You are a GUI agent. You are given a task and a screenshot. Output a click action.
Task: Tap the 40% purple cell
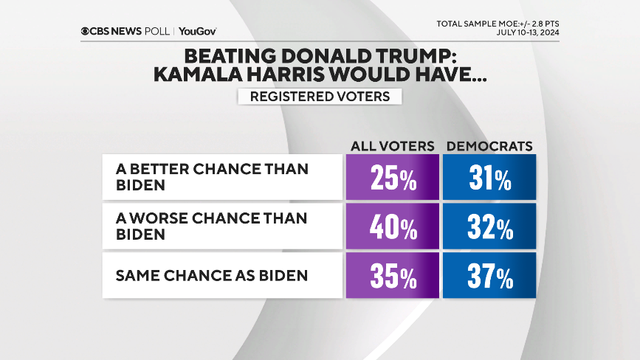pos(392,227)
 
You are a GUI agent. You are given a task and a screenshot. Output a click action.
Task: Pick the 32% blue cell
pos(489,227)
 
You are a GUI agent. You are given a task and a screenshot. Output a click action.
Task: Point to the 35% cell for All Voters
pos(392,277)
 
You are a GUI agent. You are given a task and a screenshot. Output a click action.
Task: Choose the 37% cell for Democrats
pos(489,277)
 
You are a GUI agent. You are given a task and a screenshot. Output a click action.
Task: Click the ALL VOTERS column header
pos(392,146)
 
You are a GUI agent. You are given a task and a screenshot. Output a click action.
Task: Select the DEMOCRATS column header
pos(489,146)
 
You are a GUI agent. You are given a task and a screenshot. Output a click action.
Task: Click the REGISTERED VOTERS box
pos(318,97)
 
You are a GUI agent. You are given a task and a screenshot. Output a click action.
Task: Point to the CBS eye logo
pos(86,31)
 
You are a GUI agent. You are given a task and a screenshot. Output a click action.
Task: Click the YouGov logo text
pos(197,31)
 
